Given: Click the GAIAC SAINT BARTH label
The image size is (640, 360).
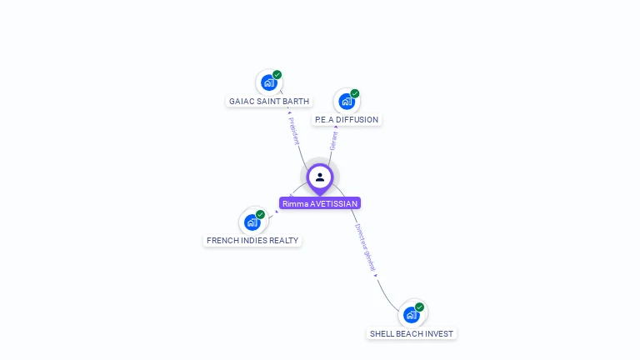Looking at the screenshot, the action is point(268,102).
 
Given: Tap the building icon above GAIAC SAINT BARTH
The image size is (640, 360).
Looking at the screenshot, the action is point(267,82).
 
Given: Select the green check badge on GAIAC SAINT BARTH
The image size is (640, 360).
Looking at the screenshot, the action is point(277,75).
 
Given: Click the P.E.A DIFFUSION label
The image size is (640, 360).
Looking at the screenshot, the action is point(347,120).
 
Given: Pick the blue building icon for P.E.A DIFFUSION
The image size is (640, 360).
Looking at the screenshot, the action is point(346,102).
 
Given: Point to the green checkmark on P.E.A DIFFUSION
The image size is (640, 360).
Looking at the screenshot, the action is point(355,93).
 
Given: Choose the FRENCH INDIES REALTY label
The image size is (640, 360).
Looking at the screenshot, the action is point(252,241).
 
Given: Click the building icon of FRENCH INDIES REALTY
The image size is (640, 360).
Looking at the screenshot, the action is point(252,222).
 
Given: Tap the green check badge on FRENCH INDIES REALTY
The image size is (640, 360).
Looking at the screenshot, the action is point(261,214).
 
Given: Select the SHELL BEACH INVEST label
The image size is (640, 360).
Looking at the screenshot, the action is point(412,334).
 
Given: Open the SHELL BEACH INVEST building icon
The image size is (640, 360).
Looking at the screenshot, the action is point(411,315).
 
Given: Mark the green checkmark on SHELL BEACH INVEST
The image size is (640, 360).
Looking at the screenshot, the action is point(420,307).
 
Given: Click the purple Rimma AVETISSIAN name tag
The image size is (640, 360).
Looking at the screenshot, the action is point(320,203).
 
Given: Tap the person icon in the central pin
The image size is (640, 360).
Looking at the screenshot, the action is point(320,177).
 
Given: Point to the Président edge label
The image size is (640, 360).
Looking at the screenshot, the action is point(293,131).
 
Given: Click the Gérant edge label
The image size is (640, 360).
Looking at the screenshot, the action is point(333,140).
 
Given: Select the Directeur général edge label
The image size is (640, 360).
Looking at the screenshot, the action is point(364,247).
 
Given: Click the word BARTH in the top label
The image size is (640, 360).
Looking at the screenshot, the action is point(296,102).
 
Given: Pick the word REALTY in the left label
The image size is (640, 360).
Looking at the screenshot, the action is point(283,241).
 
